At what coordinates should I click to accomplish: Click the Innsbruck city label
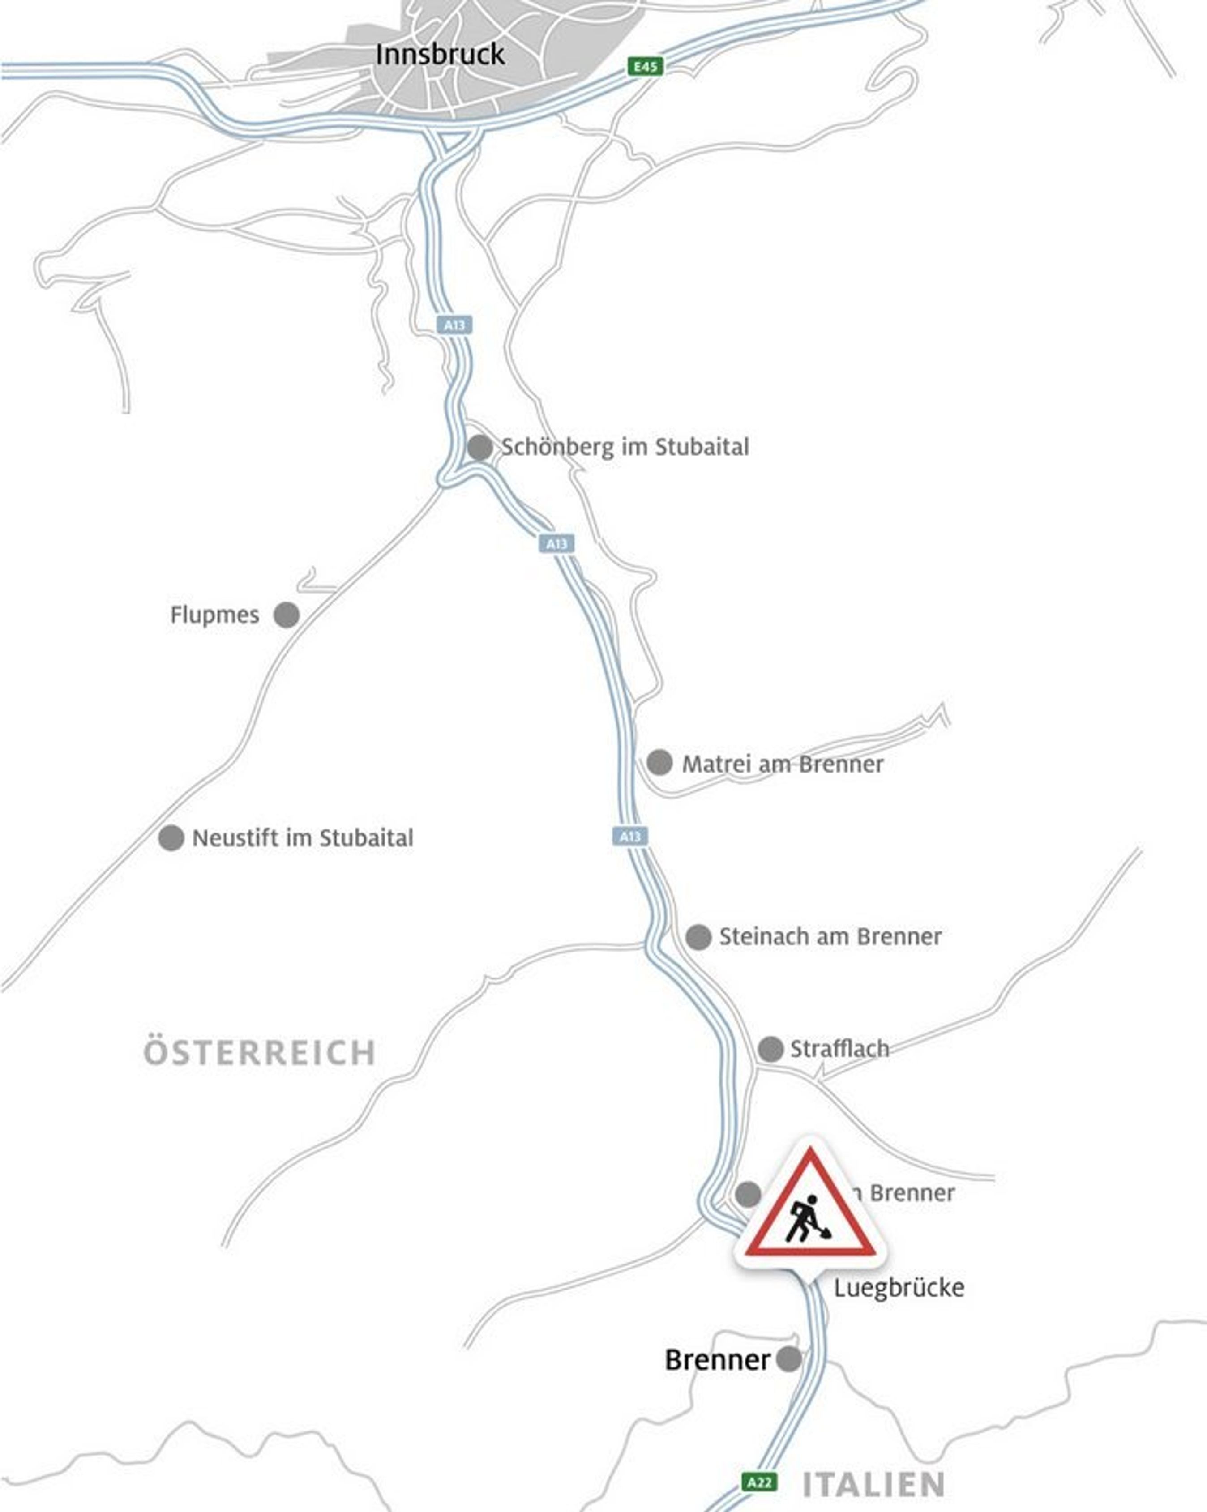[440, 55]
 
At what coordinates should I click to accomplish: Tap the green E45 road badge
[645, 67]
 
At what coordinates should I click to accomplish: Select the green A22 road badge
[759, 1482]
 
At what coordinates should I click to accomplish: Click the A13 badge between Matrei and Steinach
[630, 836]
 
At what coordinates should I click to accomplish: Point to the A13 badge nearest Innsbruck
[454, 325]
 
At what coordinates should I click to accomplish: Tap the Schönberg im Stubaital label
[624, 447]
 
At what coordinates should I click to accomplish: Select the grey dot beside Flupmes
[286, 615]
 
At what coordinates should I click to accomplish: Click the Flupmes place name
[214, 615]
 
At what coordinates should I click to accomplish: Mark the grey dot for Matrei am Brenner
[659, 762]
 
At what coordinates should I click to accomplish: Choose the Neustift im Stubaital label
[302, 837]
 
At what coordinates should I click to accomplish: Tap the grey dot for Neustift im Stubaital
[171, 837]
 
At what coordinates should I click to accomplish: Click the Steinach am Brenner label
[830, 936]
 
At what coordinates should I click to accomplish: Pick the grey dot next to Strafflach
[770, 1049]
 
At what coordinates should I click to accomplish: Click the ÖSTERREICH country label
[260, 1053]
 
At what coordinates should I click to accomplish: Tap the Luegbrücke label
[899, 1288]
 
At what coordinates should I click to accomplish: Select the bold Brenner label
[717, 1360]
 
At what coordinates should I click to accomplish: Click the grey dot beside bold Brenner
[788, 1359]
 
